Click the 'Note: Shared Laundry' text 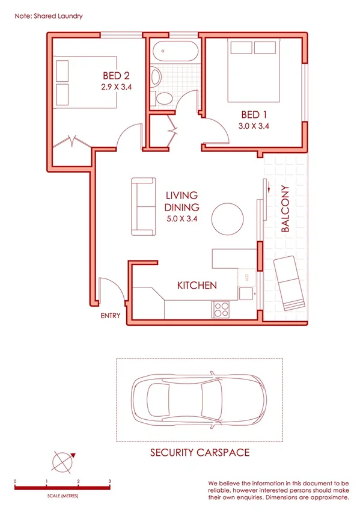[x=48, y=16]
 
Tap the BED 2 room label [x=117, y=76]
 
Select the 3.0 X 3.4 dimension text [x=254, y=126]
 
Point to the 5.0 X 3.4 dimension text [x=182, y=218]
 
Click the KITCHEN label [x=197, y=286]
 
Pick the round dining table [x=229, y=218]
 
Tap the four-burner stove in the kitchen [x=221, y=309]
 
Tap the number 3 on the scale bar [x=109, y=481]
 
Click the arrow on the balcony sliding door [x=270, y=191]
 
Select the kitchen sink [x=246, y=293]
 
